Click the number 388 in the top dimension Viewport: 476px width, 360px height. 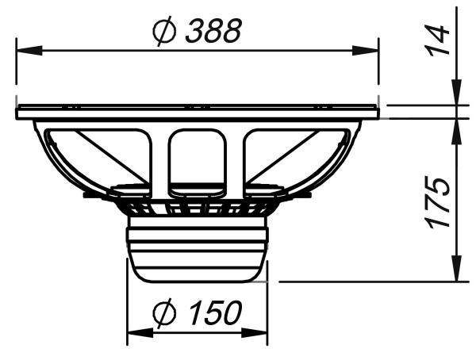pos(213,31)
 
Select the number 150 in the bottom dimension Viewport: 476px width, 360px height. pos(213,313)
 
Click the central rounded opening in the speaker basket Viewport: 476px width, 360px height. pos(198,155)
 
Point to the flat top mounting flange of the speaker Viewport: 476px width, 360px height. pos(198,112)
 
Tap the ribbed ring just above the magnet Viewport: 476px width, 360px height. pos(198,209)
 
